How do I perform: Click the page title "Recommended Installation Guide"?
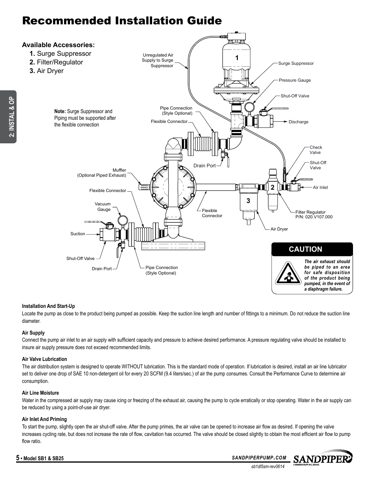[122, 21]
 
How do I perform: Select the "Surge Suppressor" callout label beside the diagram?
[296, 63]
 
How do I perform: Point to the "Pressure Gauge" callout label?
[294, 80]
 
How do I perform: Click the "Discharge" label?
[298, 122]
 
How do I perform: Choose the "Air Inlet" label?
[320, 187]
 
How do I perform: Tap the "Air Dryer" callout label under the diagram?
[279, 229]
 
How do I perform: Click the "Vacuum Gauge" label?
[103, 207]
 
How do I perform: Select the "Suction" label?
[77, 234]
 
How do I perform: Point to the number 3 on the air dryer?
[248, 201]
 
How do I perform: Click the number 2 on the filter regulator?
[272, 188]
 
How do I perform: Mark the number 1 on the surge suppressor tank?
[237, 58]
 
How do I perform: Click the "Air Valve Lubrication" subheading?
[44, 359]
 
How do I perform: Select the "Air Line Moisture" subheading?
[40, 393]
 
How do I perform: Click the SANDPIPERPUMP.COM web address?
[259, 458]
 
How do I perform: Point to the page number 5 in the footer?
[18, 458]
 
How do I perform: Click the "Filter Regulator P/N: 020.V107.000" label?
[314, 214]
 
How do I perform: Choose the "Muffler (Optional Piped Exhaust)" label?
[102, 173]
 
